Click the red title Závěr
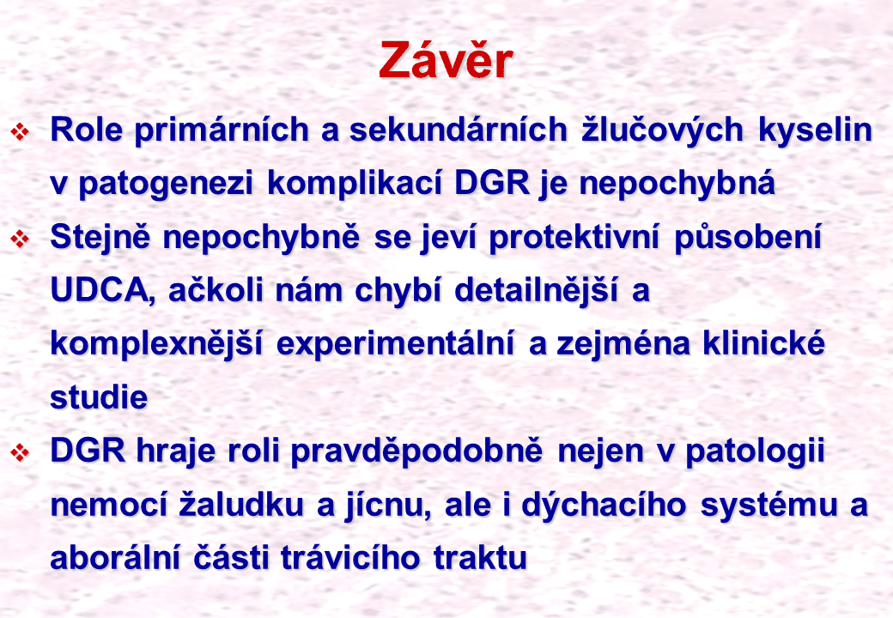coord(446,60)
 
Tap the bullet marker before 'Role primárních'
coord(20,132)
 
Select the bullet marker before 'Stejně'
coord(20,239)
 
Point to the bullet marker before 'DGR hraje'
coord(20,452)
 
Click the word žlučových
coord(663,130)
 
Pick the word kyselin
coord(816,130)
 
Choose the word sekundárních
coord(459,130)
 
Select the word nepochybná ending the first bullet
coord(677,184)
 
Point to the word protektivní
coord(574,237)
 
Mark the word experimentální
coord(395,344)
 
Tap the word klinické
coord(763,343)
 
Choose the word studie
coord(99,397)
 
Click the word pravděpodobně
coord(417,451)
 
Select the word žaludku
coord(241,504)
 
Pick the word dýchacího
coord(604,505)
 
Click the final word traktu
coord(480,558)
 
